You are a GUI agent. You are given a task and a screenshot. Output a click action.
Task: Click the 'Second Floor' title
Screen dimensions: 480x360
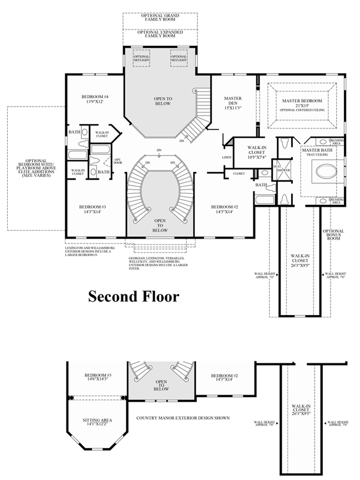133,296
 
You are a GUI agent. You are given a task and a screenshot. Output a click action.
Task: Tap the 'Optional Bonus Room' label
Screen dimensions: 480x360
333,235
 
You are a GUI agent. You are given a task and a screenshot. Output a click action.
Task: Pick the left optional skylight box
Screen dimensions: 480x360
141,58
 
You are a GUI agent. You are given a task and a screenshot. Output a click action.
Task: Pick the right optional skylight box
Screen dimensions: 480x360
179,58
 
